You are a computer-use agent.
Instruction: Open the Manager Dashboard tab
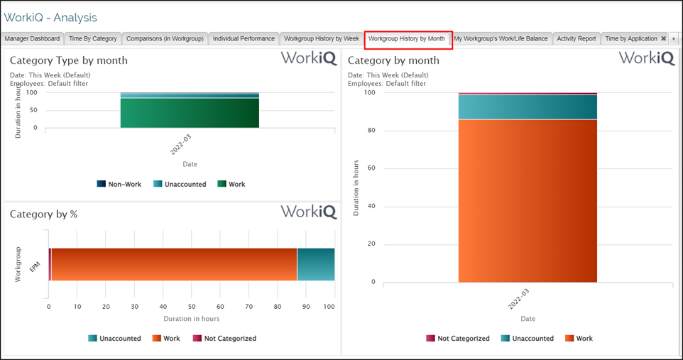(33, 38)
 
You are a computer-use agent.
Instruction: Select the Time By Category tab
(93, 38)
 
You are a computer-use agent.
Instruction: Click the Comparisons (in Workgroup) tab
(165, 38)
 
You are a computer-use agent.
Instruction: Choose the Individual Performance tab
(244, 38)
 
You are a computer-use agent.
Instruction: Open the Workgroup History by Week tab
(322, 38)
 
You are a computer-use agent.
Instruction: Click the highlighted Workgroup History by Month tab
(408, 38)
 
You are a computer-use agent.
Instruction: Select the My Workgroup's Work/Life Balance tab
(501, 38)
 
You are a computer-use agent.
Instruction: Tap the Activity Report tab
(577, 38)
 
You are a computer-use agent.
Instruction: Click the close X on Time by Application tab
(663, 38)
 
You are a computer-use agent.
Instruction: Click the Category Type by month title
(69, 60)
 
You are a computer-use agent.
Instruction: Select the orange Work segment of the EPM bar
(174, 264)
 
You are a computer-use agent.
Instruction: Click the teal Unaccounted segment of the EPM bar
(316, 264)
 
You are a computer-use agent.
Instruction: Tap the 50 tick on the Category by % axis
(192, 307)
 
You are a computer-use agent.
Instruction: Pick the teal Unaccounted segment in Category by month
(528, 107)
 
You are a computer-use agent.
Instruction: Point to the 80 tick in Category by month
(370, 131)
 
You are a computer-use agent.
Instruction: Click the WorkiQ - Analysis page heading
(51, 17)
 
